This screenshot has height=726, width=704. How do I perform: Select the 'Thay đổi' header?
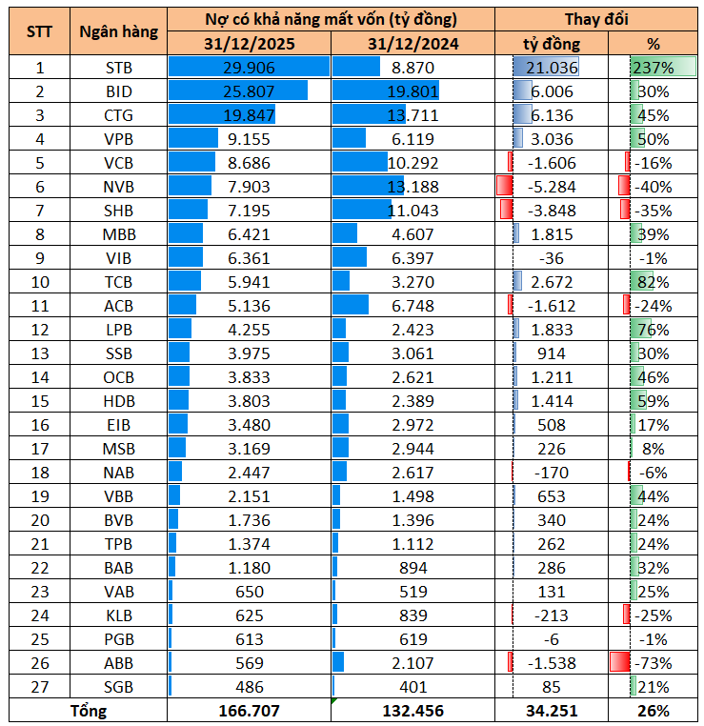click(x=596, y=20)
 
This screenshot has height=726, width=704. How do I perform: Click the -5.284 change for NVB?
click(x=552, y=187)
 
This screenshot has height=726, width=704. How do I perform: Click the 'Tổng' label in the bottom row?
click(x=88, y=711)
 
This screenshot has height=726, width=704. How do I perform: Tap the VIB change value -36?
click(x=552, y=258)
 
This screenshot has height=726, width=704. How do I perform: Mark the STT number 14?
click(x=40, y=377)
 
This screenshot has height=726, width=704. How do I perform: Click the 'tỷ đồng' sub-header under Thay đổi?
click(x=552, y=44)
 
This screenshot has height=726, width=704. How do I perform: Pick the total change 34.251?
click(x=552, y=711)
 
